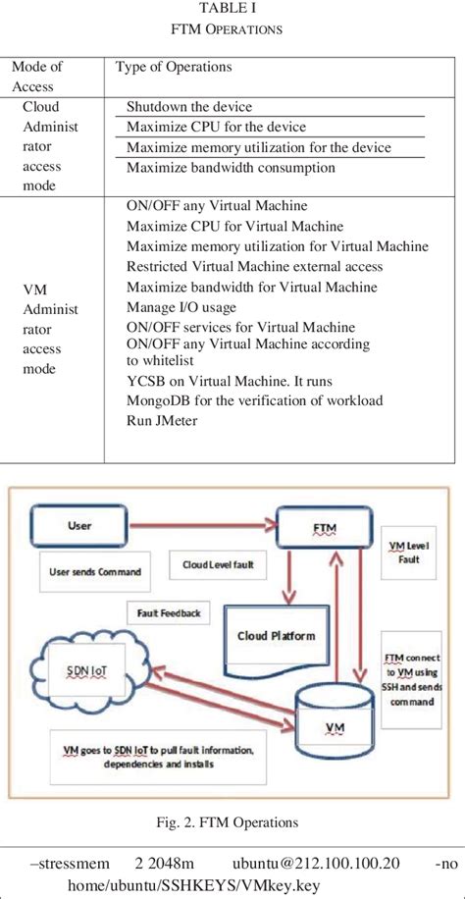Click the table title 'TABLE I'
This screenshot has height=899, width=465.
coord(232,11)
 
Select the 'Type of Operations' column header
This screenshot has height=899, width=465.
coord(174,67)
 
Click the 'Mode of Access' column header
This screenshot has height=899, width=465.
coord(36,76)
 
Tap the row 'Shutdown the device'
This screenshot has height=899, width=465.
coord(189,107)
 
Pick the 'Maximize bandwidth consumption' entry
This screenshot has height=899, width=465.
coord(231,168)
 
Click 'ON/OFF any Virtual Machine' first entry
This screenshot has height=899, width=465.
coord(217,206)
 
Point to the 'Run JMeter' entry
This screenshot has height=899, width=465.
coord(162,420)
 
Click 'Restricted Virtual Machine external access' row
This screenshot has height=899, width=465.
coord(254,267)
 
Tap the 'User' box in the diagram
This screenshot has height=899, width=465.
coord(80,526)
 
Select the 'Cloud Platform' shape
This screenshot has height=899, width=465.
coord(276,637)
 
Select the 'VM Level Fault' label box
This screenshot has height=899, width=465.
coord(410,553)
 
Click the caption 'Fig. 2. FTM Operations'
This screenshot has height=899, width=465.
coord(232,821)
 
